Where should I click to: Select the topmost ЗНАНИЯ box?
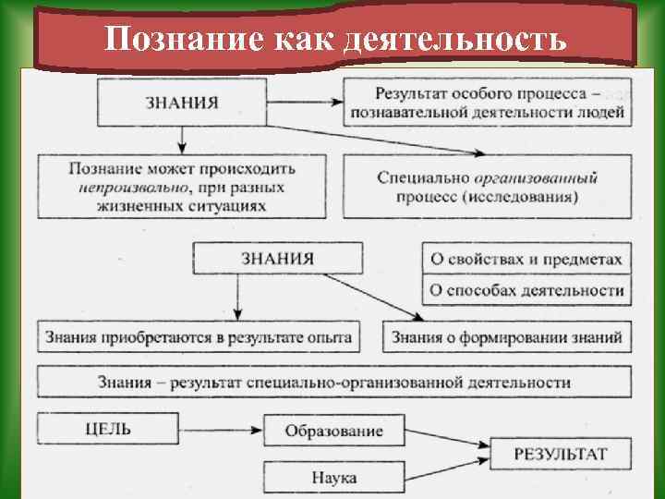coord(182,102)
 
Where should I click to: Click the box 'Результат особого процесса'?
coord(488,103)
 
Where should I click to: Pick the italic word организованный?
coord(537,177)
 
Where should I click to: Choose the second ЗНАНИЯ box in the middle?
coord(278,258)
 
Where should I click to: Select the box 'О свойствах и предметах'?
coord(526,260)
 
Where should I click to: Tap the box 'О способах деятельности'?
coord(526,290)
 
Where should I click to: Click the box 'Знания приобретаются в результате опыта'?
coord(199,336)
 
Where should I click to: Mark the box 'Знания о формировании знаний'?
coord(507,336)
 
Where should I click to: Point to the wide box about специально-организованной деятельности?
coord(333,382)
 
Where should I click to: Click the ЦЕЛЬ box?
coord(107,428)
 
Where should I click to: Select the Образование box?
coord(333,431)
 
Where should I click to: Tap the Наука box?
coord(333,477)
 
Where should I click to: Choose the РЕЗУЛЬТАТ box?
coord(561,454)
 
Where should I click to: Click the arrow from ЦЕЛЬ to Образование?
coord(222,429)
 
